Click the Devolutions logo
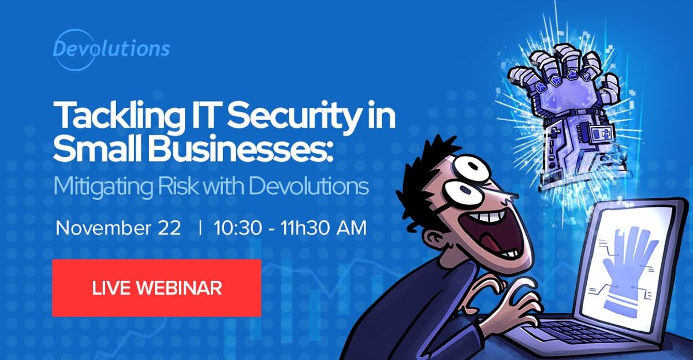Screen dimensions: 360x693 (x=111, y=48)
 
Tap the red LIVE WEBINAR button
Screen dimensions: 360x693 (x=157, y=288)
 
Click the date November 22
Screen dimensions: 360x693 (x=118, y=227)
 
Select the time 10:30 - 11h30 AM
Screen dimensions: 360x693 (x=289, y=227)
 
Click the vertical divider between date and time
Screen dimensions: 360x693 (x=200, y=227)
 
